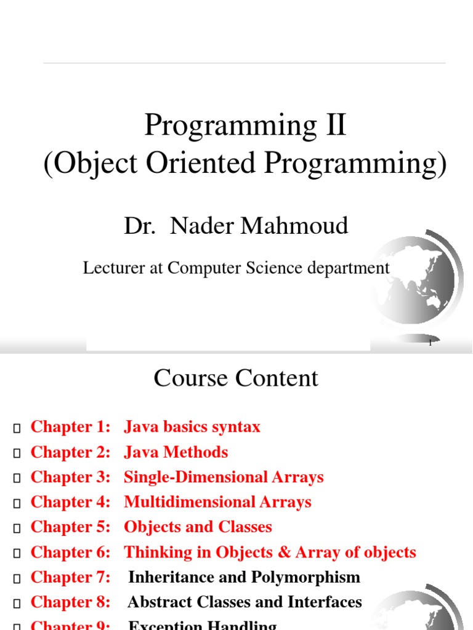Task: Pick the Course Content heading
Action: [x=236, y=378]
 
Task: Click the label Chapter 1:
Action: [x=70, y=427]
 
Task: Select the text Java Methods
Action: [x=176, y=452]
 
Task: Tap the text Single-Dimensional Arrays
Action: [x=224, y=477]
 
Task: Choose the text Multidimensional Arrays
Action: [x=217, y=502]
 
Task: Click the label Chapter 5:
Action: [x=70, y=527]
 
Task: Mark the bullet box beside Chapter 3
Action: [x=17, y=478]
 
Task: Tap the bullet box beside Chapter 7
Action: [x=17, y=578]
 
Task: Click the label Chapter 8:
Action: [x=70, y=602]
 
